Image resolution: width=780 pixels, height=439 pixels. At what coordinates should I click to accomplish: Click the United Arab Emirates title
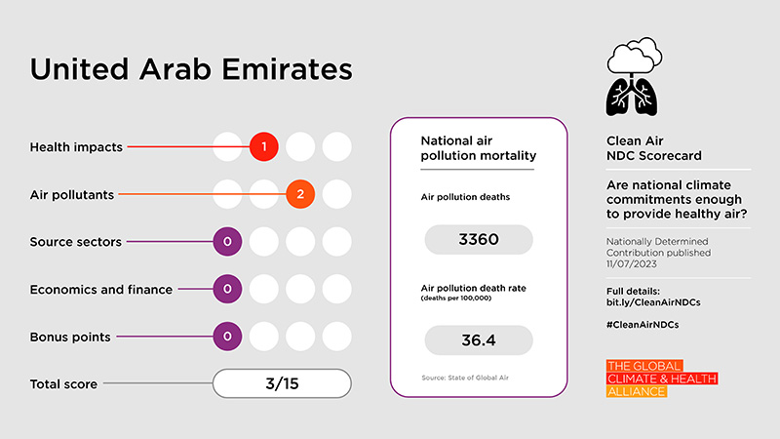[x=191, y=71]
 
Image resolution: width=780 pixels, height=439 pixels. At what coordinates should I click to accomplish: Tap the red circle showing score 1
[x=263, y=147]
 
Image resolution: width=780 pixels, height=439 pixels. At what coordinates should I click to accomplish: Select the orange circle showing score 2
[x=300, y=194]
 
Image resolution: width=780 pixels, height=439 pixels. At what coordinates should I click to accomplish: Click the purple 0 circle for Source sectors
[x=227, y=241]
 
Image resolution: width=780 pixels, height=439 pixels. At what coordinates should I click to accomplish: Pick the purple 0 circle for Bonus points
[x=227, y=337]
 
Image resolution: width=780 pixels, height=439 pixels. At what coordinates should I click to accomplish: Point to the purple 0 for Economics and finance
[x=227, y=289]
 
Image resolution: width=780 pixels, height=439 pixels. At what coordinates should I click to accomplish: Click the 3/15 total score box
[x=282, y=383]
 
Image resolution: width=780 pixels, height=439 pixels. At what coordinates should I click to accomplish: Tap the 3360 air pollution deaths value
[x=478, y=239]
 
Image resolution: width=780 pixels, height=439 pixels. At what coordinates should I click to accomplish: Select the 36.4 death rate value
[x=478, y=339]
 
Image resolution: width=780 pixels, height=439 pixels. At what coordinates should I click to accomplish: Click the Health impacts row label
[x=76, y=147]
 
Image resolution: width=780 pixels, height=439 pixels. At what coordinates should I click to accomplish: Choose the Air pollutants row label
[x=72, y=194]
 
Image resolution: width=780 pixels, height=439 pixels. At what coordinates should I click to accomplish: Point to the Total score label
[x=63, y=384]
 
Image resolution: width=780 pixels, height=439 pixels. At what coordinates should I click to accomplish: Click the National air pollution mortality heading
[x=478, y=147]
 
